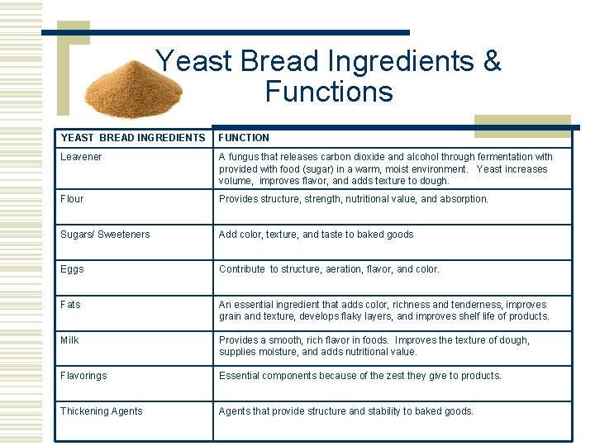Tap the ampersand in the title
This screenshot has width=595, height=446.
[x=491, y=61]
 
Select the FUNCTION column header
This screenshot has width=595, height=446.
[x=244, y=138]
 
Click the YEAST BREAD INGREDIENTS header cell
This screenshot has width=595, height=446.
[x=132, y=138]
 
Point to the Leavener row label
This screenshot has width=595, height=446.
[x=81, y=157]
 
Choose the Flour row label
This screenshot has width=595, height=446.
[x=72, y=199]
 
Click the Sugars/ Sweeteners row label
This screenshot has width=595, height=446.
[x=105, y=235]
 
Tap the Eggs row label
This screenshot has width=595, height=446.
[x=72, y=269]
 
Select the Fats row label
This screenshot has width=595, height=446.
[x=71, y=305]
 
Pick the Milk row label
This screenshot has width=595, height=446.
[x=69, y=340]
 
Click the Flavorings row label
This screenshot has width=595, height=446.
[x=83, y=376]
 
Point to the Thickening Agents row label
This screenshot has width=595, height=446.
[x=101, y=411]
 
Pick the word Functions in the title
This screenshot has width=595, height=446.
[x=329, y=91]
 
